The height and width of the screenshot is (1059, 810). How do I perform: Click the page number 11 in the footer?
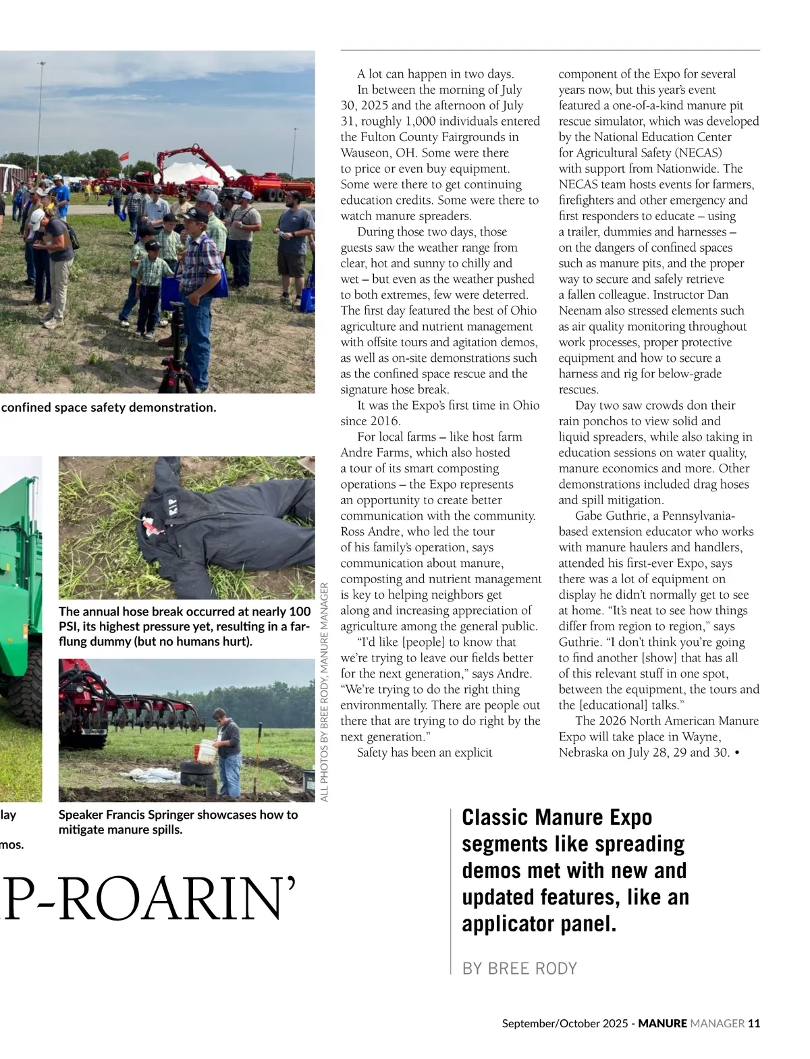pyautogui.click(x=754, y=1023)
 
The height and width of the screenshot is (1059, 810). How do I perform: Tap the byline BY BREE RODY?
pyautogui.click(x=519, y=969)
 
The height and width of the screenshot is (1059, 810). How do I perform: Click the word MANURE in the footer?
pyautogui.click(x=662, y=1023)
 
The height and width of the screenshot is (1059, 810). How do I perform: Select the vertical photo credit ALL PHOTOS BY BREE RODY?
pyautogui.click(x=324, y=692)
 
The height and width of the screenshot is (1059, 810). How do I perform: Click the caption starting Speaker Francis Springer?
pyautogui.click(x=178, y=821)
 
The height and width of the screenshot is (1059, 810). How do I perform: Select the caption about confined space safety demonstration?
pyautogui.click(x=109, y=408)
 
